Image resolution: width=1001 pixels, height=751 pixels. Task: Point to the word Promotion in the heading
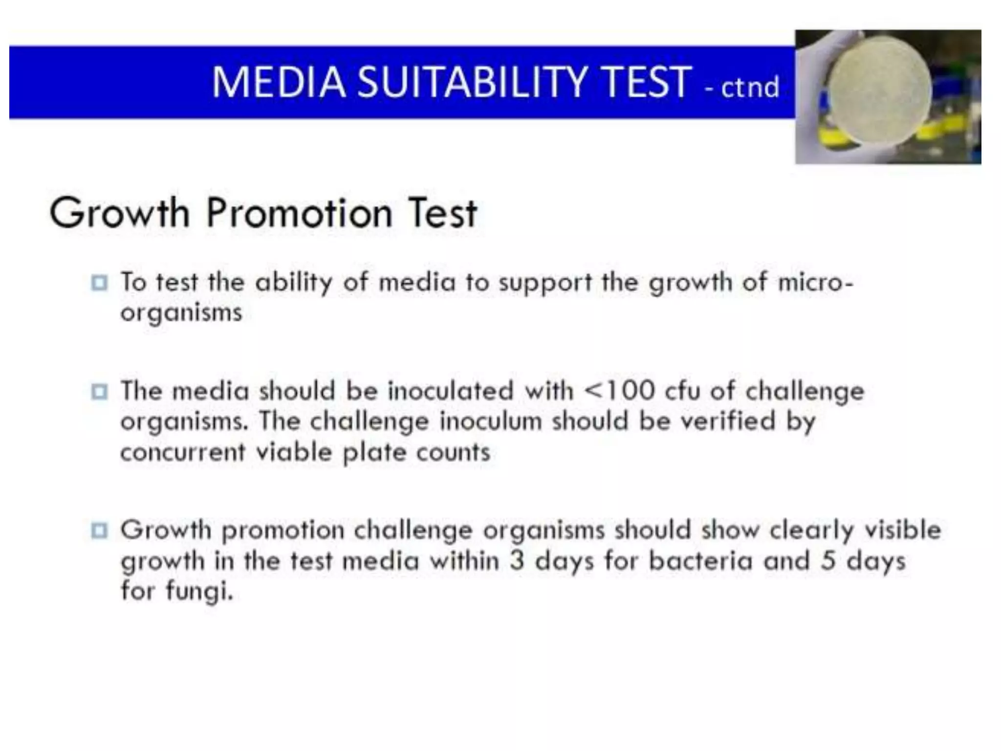(x=299, y=214)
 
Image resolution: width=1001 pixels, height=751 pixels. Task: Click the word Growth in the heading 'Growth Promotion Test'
(x=119, y=214)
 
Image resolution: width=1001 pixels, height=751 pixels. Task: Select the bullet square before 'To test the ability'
(x=99, y=283)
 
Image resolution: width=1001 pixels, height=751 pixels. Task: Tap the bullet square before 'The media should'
(x=99, y=392)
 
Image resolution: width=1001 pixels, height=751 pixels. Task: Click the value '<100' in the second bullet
(x=619, y=391)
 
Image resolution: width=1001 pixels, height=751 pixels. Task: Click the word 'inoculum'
(x=490, y=421)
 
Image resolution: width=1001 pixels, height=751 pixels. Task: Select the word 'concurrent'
(x=183, y=452)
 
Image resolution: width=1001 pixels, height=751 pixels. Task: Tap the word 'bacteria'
(x=700, y=561)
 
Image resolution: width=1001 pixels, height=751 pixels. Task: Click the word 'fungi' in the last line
(x=199, y=592)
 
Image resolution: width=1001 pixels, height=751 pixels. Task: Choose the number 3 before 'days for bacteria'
(x=517, y=561)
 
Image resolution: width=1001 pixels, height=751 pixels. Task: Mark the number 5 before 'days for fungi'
(x=828, y=561)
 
